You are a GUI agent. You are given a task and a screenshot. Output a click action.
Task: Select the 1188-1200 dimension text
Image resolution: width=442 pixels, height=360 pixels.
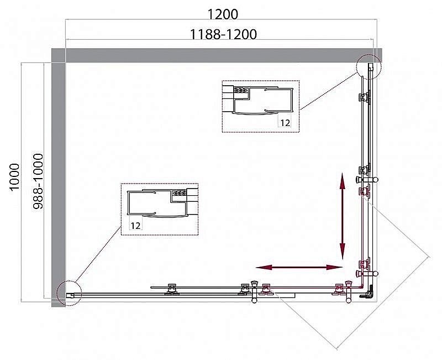tap(223, 34)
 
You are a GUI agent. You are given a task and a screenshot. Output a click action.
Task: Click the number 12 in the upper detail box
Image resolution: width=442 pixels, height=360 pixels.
tap(285, 123)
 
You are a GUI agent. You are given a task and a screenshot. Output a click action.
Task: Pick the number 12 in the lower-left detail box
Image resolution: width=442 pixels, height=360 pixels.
tap(136, 225)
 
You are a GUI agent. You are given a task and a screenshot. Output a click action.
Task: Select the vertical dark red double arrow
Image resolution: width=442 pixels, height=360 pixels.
tap(343, 213)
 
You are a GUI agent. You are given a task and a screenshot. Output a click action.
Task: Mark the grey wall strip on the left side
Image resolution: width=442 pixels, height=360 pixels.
tap(59, 177)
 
